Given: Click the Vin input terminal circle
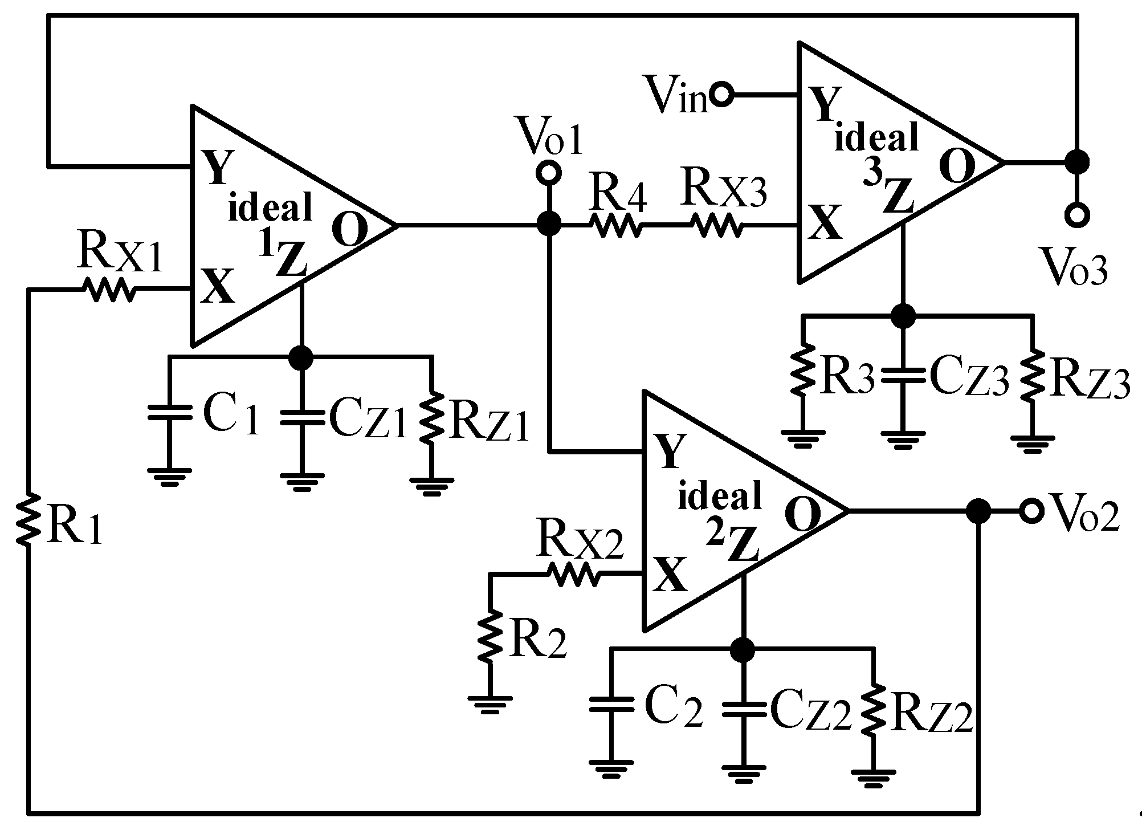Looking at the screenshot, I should click(721, 95).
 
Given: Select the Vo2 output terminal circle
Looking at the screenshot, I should click(1031, 511).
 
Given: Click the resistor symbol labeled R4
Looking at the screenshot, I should click(618, 226).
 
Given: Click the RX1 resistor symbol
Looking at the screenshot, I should click(110, 290).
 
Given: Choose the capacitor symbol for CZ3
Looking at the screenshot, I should click(903, 375).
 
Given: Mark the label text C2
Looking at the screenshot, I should click(674, 709).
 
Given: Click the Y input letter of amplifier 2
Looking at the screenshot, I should click(668, 450).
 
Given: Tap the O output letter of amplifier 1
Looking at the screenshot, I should click(348, 230).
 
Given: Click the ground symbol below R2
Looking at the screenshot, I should click(489, 702).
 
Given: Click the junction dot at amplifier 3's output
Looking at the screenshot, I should click(1077, 162).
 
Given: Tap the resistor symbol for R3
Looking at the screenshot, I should click(802, 372).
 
